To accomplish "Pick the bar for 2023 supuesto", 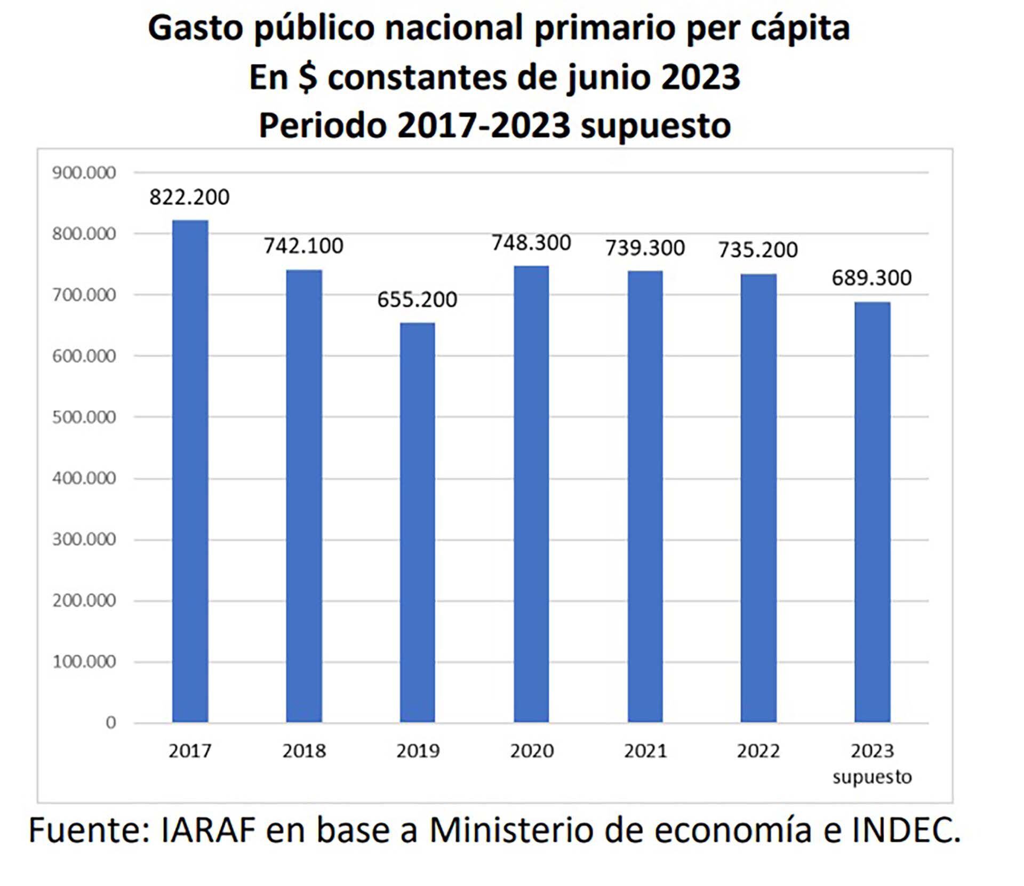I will pyautogui.click(x=872, y=512).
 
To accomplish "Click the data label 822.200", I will pyautogui.click(x=189, y=197).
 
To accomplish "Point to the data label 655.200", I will pyautogui.click(x=417, y=299).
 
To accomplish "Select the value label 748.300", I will pyautogui.click(x=531, y=243).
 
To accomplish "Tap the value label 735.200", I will pyautogui.click(x=758, y=250).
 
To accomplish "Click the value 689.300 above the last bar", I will pyautogui.click(x=872, y=278).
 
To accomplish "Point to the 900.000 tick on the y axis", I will pyautogui.click(x=84, y=172).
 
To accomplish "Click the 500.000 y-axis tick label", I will pyautogui.click(x=84, y=417).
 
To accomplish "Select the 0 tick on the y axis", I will pyautogui.click(x=110, y=723).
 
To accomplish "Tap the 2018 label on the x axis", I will pyautogui.click(x=304, y=751).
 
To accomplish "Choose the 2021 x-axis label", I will pyautogui.click(x=645, y=751).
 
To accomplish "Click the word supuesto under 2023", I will pyautogui.click(x=872, y=777).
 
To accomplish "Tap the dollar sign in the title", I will pyautogui.click(x=308, y=77).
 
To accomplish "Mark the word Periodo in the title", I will pyautogui.click(x=323, y=125).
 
